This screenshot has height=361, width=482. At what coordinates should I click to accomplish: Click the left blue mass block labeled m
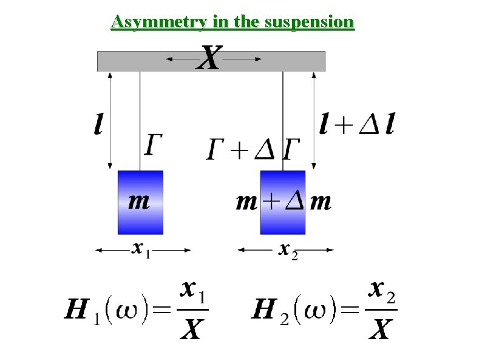coord(140,202)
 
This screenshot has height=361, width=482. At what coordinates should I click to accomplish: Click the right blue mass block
coord(283,202)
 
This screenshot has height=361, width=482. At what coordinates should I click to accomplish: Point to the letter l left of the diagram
coord(98,126)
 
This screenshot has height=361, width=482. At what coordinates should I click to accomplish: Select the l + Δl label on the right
coord(357,126)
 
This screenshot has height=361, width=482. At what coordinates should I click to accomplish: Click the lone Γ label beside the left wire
coord(154,146)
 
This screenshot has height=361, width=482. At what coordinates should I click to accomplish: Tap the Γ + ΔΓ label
coord(254,147)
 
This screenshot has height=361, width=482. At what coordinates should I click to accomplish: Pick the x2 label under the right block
coord(287,250)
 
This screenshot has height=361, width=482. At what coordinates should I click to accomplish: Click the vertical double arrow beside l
coord(110,121)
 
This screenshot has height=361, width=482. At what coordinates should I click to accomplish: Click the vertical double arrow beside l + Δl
coord(314,121)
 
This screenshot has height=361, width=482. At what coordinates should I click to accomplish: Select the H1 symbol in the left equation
coord(80,313)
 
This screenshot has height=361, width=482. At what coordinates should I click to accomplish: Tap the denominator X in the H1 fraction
coord(192,330)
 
